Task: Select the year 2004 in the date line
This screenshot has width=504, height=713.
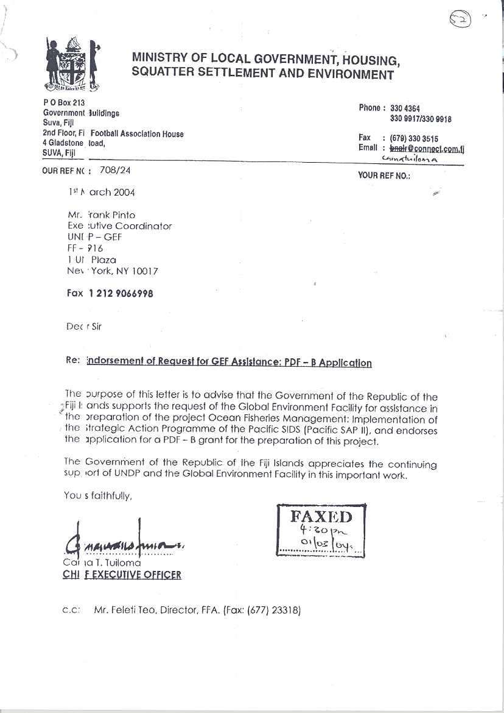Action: point(124,192)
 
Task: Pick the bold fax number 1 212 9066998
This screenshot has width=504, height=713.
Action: point(121,293)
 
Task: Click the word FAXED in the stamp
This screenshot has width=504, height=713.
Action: point(321,517)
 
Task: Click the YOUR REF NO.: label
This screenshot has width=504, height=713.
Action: point(384,176)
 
